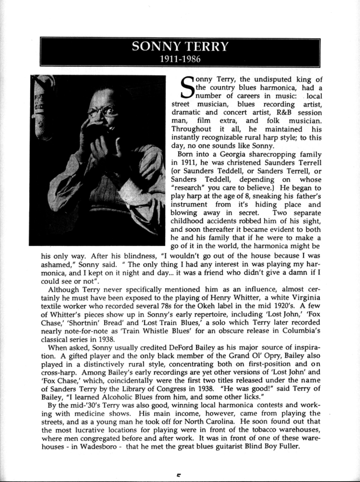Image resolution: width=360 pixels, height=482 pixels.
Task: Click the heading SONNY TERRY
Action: coord(180,47)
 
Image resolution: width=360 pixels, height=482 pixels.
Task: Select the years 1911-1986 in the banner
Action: coord(180,59)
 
